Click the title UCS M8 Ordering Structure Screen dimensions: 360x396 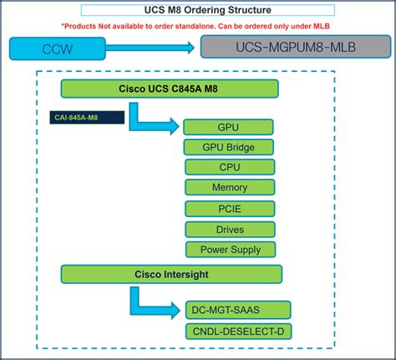click(x=198, y=10)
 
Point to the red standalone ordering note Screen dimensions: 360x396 click(x=198, y=26)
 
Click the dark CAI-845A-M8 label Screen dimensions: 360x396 click(x=87, y=118)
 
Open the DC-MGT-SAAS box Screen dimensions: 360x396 click(x=237, y=310)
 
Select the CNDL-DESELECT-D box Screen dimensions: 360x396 click(x=237, y=332)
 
